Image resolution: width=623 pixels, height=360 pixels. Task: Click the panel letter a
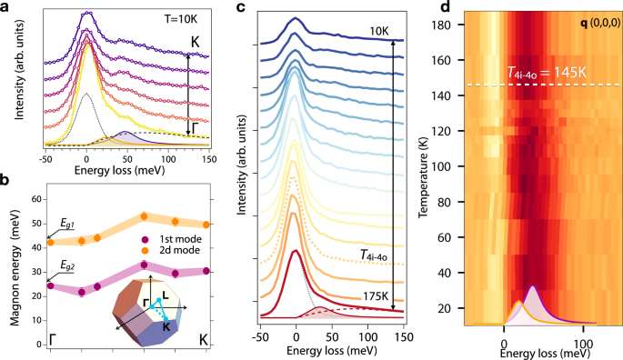(x=7, y=7)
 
